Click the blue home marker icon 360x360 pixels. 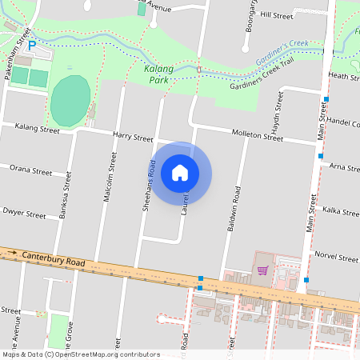click(180, 173)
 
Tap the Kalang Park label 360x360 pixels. click(159, 74)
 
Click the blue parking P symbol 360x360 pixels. click(32, 46)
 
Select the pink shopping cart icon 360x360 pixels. click(262, 270)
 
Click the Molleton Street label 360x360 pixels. click(257, 136)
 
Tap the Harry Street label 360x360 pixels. click(133, 138)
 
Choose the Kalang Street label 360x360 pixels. click(38, 128)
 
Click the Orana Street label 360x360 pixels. click(30, 171)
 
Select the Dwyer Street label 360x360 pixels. click(25, 214)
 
